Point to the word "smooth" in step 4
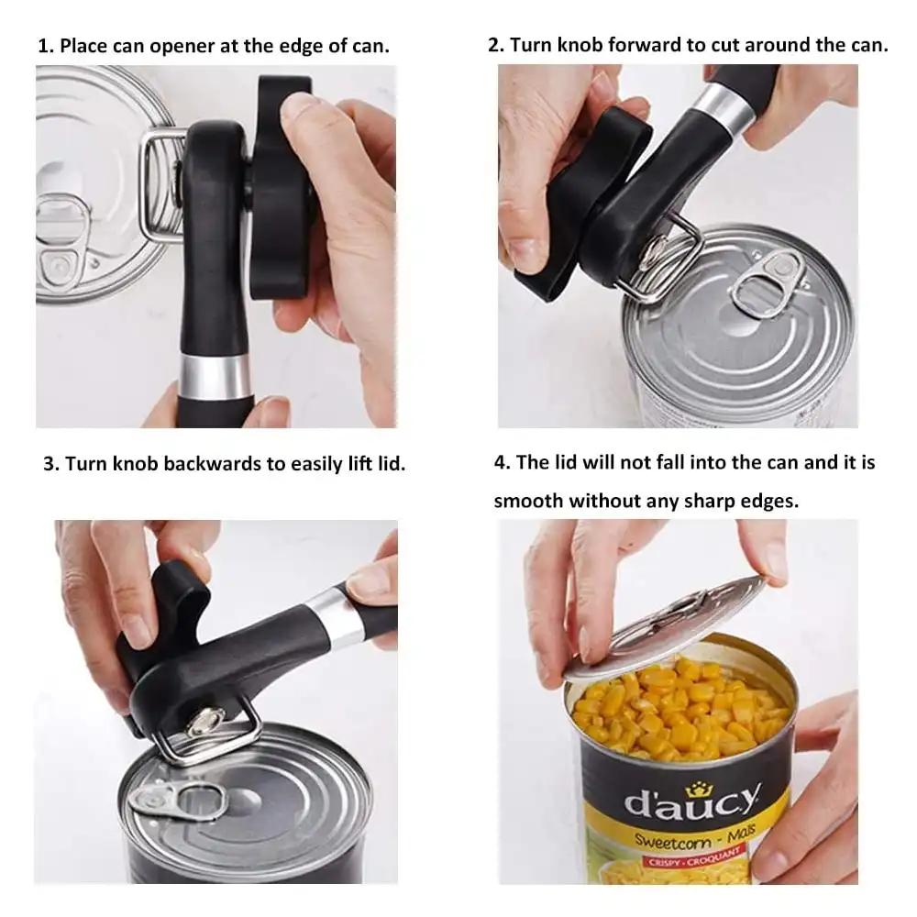click(527, 502)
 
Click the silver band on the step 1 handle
click(215, 375)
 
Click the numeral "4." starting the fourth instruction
click(503, 462)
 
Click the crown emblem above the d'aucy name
click(697, 789)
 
